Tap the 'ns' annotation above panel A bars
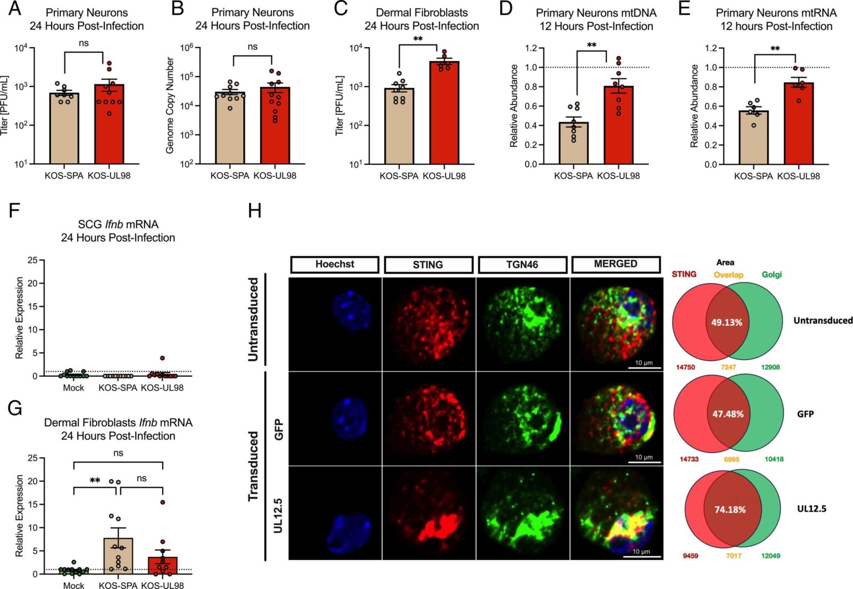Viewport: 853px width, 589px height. [84, 43]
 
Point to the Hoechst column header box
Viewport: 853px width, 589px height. [334, 264]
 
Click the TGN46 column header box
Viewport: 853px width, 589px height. [522, 265]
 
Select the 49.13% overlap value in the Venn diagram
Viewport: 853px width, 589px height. [726, 323]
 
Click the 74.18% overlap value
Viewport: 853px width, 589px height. [730, 509]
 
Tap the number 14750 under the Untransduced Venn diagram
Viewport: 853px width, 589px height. [685, 368]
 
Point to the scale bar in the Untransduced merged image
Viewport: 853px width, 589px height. [644, 368]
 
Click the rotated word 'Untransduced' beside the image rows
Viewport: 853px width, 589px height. [254, 319]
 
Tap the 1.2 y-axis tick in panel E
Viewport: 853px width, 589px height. [711, 48]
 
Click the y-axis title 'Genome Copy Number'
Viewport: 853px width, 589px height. [170, 105]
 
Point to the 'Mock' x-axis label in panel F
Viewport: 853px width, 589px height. [73, 387]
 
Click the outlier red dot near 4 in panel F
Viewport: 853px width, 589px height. [162, 359]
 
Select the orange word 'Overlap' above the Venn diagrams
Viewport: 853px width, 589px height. [729, 275]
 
